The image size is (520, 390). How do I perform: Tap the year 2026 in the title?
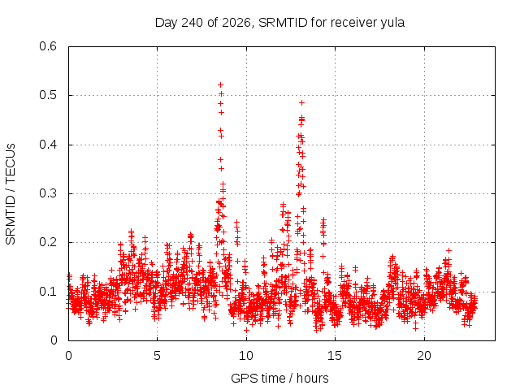pos(236,23)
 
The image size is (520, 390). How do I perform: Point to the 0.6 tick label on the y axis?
pos(48,46)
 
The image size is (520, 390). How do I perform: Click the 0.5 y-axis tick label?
pos(48,95)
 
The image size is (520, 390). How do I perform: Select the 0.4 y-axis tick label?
pos(48,145)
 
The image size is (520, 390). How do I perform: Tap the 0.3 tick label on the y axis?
pos(48,193)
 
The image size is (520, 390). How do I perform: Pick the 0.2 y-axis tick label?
pos(48,242)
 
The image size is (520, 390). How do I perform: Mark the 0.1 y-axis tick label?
pos(48,292)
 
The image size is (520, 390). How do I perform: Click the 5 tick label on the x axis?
pos(157,356)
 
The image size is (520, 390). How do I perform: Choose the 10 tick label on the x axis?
pos(246,356)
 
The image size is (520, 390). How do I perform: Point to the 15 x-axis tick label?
pos(335,356)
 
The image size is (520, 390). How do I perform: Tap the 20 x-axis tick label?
pos(424,356)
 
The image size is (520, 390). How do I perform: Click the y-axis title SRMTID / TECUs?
pos(11,194)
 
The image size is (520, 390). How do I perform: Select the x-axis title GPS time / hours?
pos(279,378)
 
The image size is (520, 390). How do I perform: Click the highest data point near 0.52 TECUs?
pos(220,84)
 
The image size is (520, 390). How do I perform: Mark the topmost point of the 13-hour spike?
pos(301,103)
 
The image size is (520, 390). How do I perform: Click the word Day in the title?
pos(167,24)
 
